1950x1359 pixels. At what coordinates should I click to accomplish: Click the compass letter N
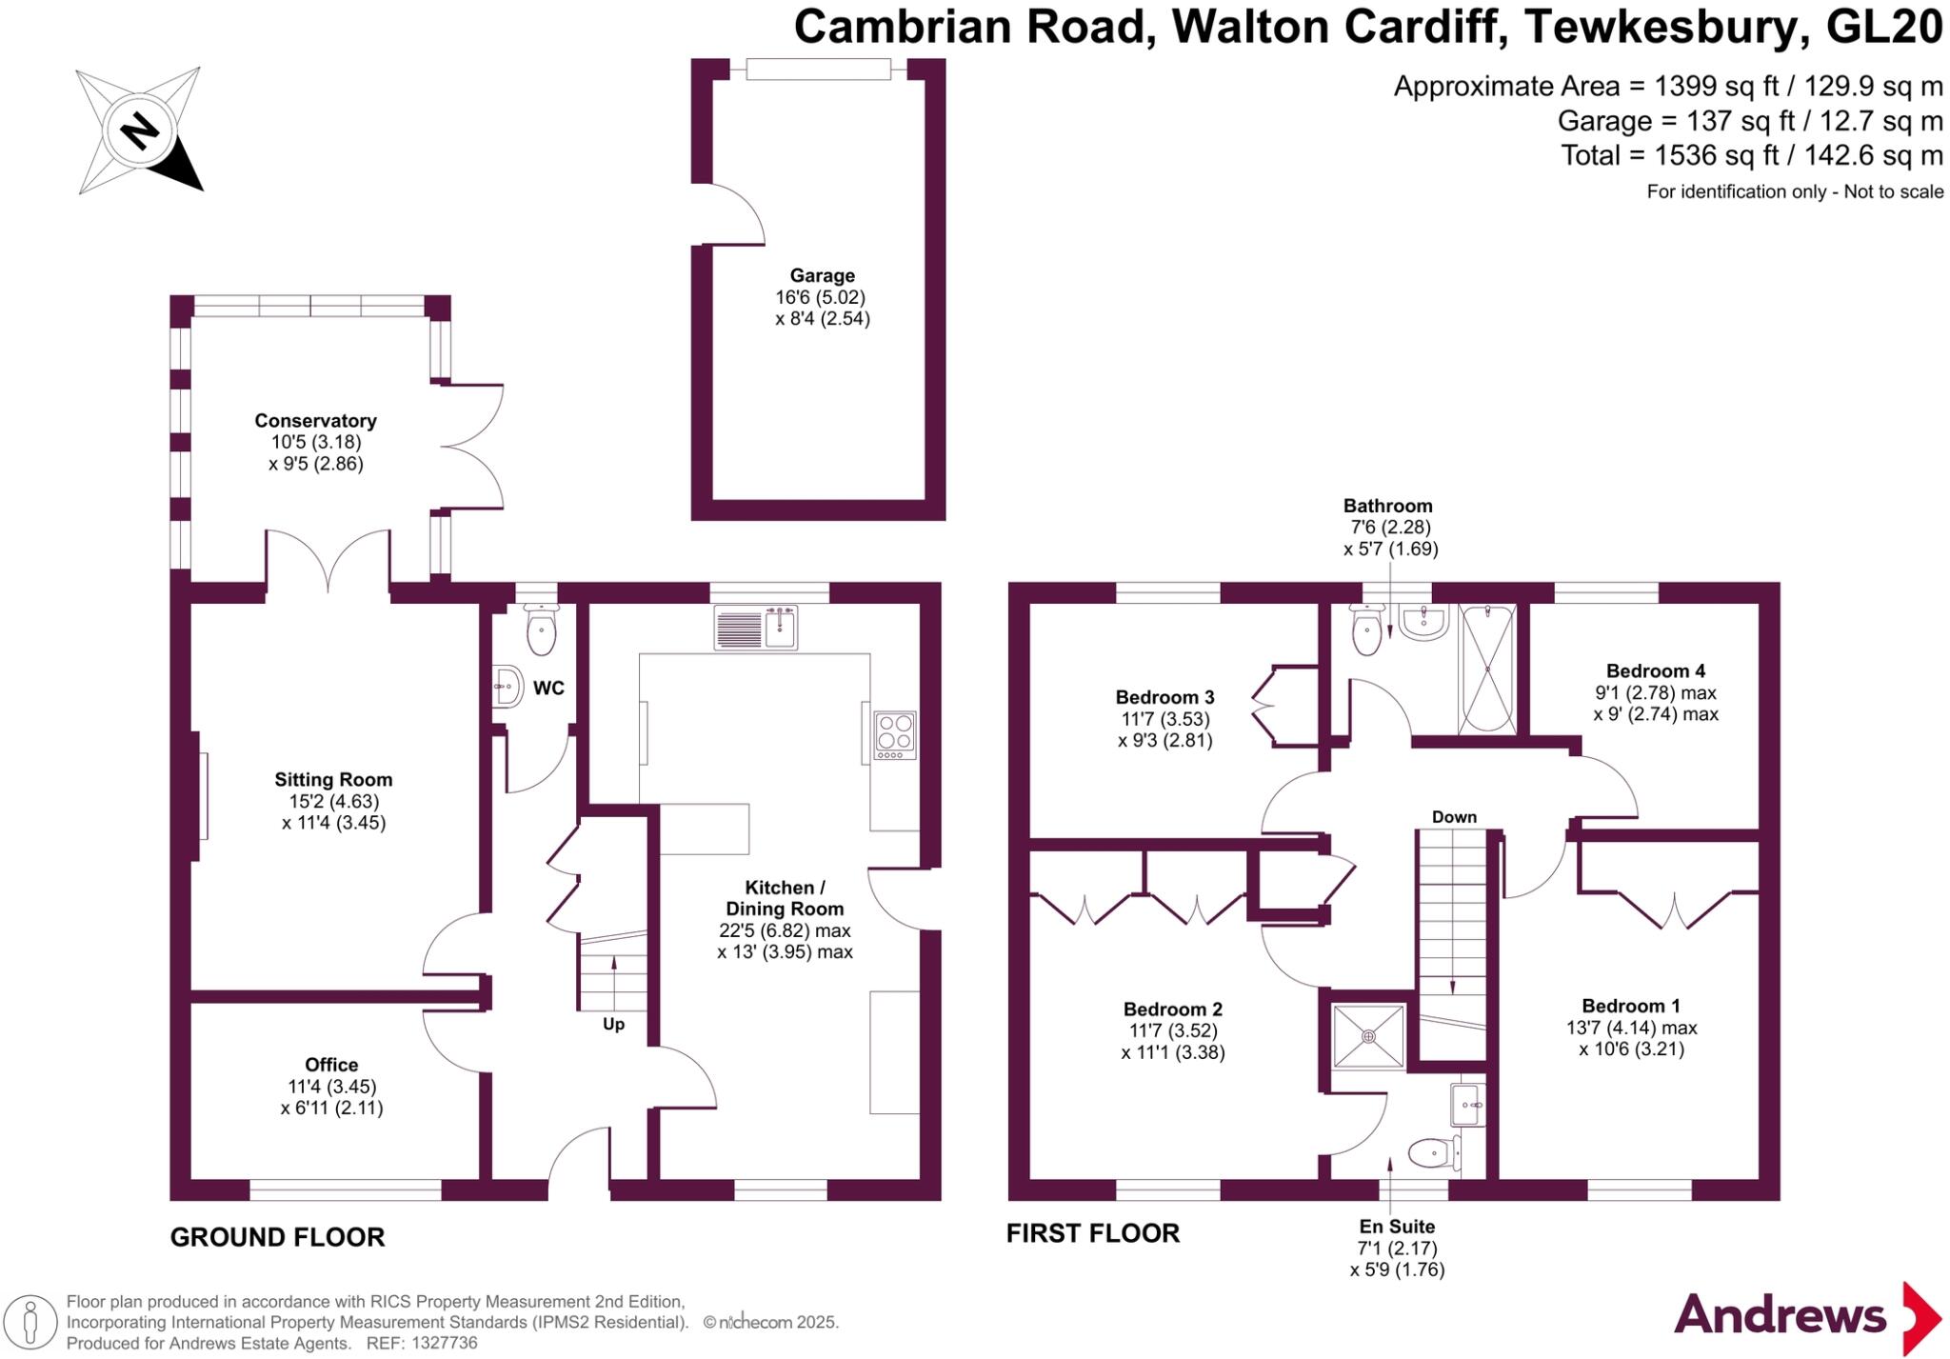[139, 130]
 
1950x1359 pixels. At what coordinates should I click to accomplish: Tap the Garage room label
[822, 276]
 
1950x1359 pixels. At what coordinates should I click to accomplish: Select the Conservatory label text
[315, 421]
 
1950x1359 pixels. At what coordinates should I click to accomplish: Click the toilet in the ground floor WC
[541, 630]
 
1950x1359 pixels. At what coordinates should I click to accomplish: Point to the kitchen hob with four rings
[895, 735]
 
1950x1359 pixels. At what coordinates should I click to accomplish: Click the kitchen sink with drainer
[756, 629]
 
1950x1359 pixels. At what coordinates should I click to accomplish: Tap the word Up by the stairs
[613, 1025]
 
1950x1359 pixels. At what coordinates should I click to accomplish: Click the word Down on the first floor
[1454, 817]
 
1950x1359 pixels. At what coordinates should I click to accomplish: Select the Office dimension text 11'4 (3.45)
[331, 1087]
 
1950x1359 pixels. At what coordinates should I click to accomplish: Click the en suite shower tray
[1368, 1036]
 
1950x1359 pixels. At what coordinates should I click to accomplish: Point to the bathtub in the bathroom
[1486, 670]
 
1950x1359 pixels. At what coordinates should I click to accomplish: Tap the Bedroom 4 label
[1655, 671]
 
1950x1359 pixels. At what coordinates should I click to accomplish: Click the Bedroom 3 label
[1164, 698]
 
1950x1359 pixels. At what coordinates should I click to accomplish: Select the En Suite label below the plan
[1396, 1227]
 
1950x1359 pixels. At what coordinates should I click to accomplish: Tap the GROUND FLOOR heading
[277, 1238]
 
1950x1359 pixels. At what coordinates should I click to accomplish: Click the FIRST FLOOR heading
[1092, 1234]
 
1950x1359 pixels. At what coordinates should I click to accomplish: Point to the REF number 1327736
[444, 1344]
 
